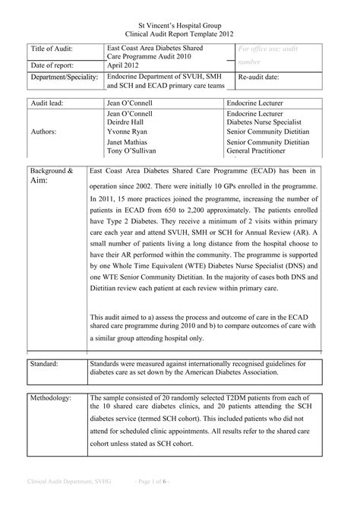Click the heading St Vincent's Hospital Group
click(180, 25)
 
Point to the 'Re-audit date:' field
click(262, 79)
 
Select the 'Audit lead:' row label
click(49, 102)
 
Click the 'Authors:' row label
click(45, 130)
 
